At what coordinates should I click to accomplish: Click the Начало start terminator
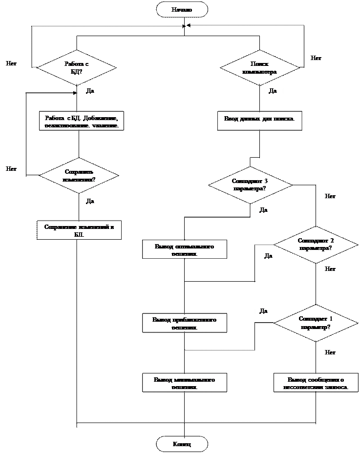point(182,9)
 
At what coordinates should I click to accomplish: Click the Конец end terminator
point(182,444)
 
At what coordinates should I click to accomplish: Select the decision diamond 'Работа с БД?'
point(77,67)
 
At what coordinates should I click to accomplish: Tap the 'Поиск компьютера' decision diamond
point(259,67)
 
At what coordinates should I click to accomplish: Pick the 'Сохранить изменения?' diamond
point(79,175)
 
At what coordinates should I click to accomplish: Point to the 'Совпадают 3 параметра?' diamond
point(250,185)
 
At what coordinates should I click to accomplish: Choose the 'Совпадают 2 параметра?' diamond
point(316,244)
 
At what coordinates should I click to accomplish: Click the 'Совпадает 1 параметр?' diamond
point(316,322)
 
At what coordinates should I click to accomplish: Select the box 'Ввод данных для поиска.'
point(259,120)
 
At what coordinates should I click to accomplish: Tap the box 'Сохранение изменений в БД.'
point(79,230)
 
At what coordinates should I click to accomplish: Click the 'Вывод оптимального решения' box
point(185,249)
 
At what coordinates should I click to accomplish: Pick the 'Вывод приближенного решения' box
point(185,323)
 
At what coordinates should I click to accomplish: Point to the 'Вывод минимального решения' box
point(185,383)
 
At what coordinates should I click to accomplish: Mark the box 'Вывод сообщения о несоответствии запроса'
point(316,383)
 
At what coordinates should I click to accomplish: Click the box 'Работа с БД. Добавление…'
point(82,121)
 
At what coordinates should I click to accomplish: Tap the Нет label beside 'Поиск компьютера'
point(318,59)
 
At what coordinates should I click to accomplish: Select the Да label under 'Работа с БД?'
point(91,91)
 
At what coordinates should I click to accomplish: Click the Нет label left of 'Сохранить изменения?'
point(13,169)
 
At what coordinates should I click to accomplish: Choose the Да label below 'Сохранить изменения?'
point(91,201)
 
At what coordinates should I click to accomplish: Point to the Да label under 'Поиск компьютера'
point(274,91)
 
